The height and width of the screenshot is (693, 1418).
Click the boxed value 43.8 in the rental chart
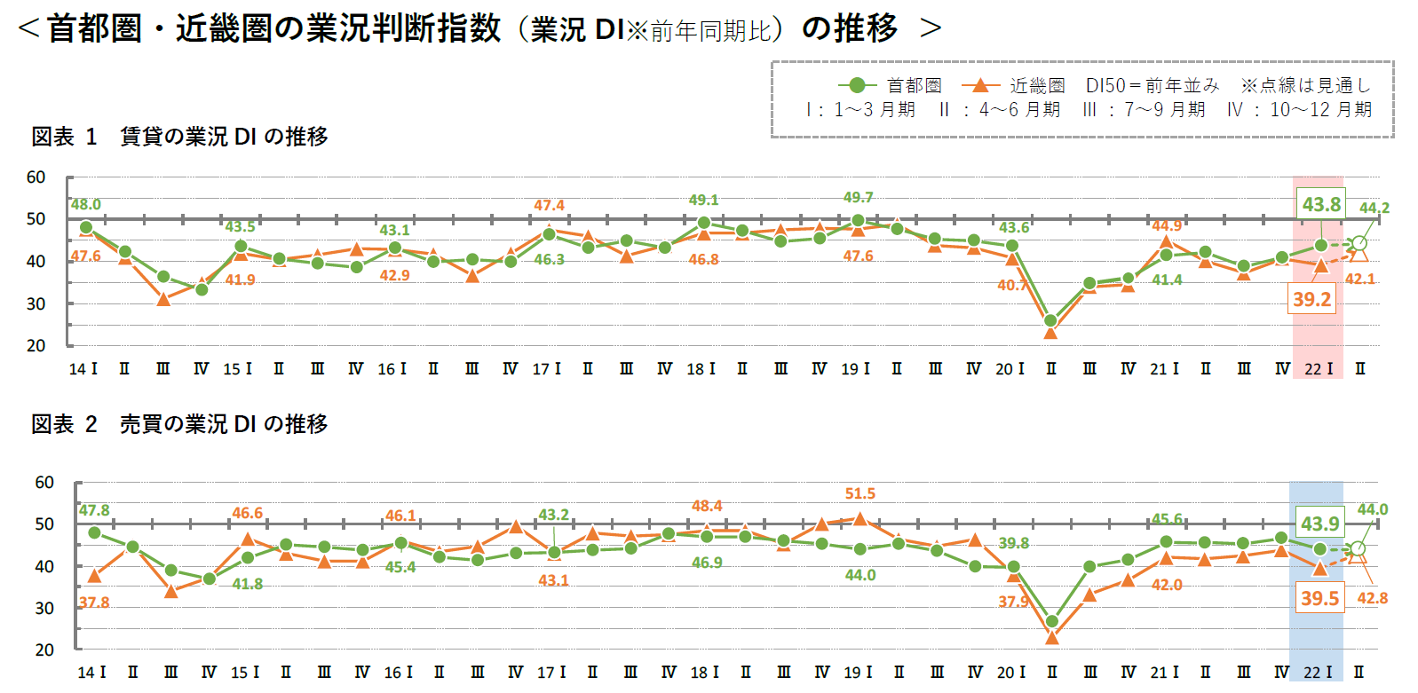[1320, 204]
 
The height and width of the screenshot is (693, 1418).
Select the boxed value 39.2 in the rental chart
[1311, 299]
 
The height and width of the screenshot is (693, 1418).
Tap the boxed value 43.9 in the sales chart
[1319, 524]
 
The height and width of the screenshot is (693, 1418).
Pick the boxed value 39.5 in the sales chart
[1319, 598]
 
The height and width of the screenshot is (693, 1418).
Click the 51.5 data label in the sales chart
[860, 493]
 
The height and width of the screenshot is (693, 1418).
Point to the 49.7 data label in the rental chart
[858, 197]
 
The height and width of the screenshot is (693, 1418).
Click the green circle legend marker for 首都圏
[857, 85]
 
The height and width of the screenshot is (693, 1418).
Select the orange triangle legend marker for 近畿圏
[980, 85]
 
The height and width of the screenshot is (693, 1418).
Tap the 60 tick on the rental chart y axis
[36, 177]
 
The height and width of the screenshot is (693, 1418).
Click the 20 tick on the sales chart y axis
[44, 650]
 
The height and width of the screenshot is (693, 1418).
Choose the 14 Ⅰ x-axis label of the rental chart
[83, 369]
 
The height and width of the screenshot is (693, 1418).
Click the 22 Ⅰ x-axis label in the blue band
[1318, 673]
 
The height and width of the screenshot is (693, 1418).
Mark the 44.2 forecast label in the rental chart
[1374, 208]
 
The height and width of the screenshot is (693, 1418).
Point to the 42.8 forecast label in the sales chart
[1372, 598]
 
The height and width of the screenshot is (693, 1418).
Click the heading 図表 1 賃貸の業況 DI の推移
[179, 137]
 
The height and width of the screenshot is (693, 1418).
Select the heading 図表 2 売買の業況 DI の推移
[179, 424]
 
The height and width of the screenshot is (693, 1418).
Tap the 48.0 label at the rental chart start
[86, 204]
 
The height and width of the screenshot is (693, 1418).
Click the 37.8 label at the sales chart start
[94, 602]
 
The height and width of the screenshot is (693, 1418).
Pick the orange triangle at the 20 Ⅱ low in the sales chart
[1052, 637]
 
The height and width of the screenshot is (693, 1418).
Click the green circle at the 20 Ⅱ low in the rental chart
[1050, 320]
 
